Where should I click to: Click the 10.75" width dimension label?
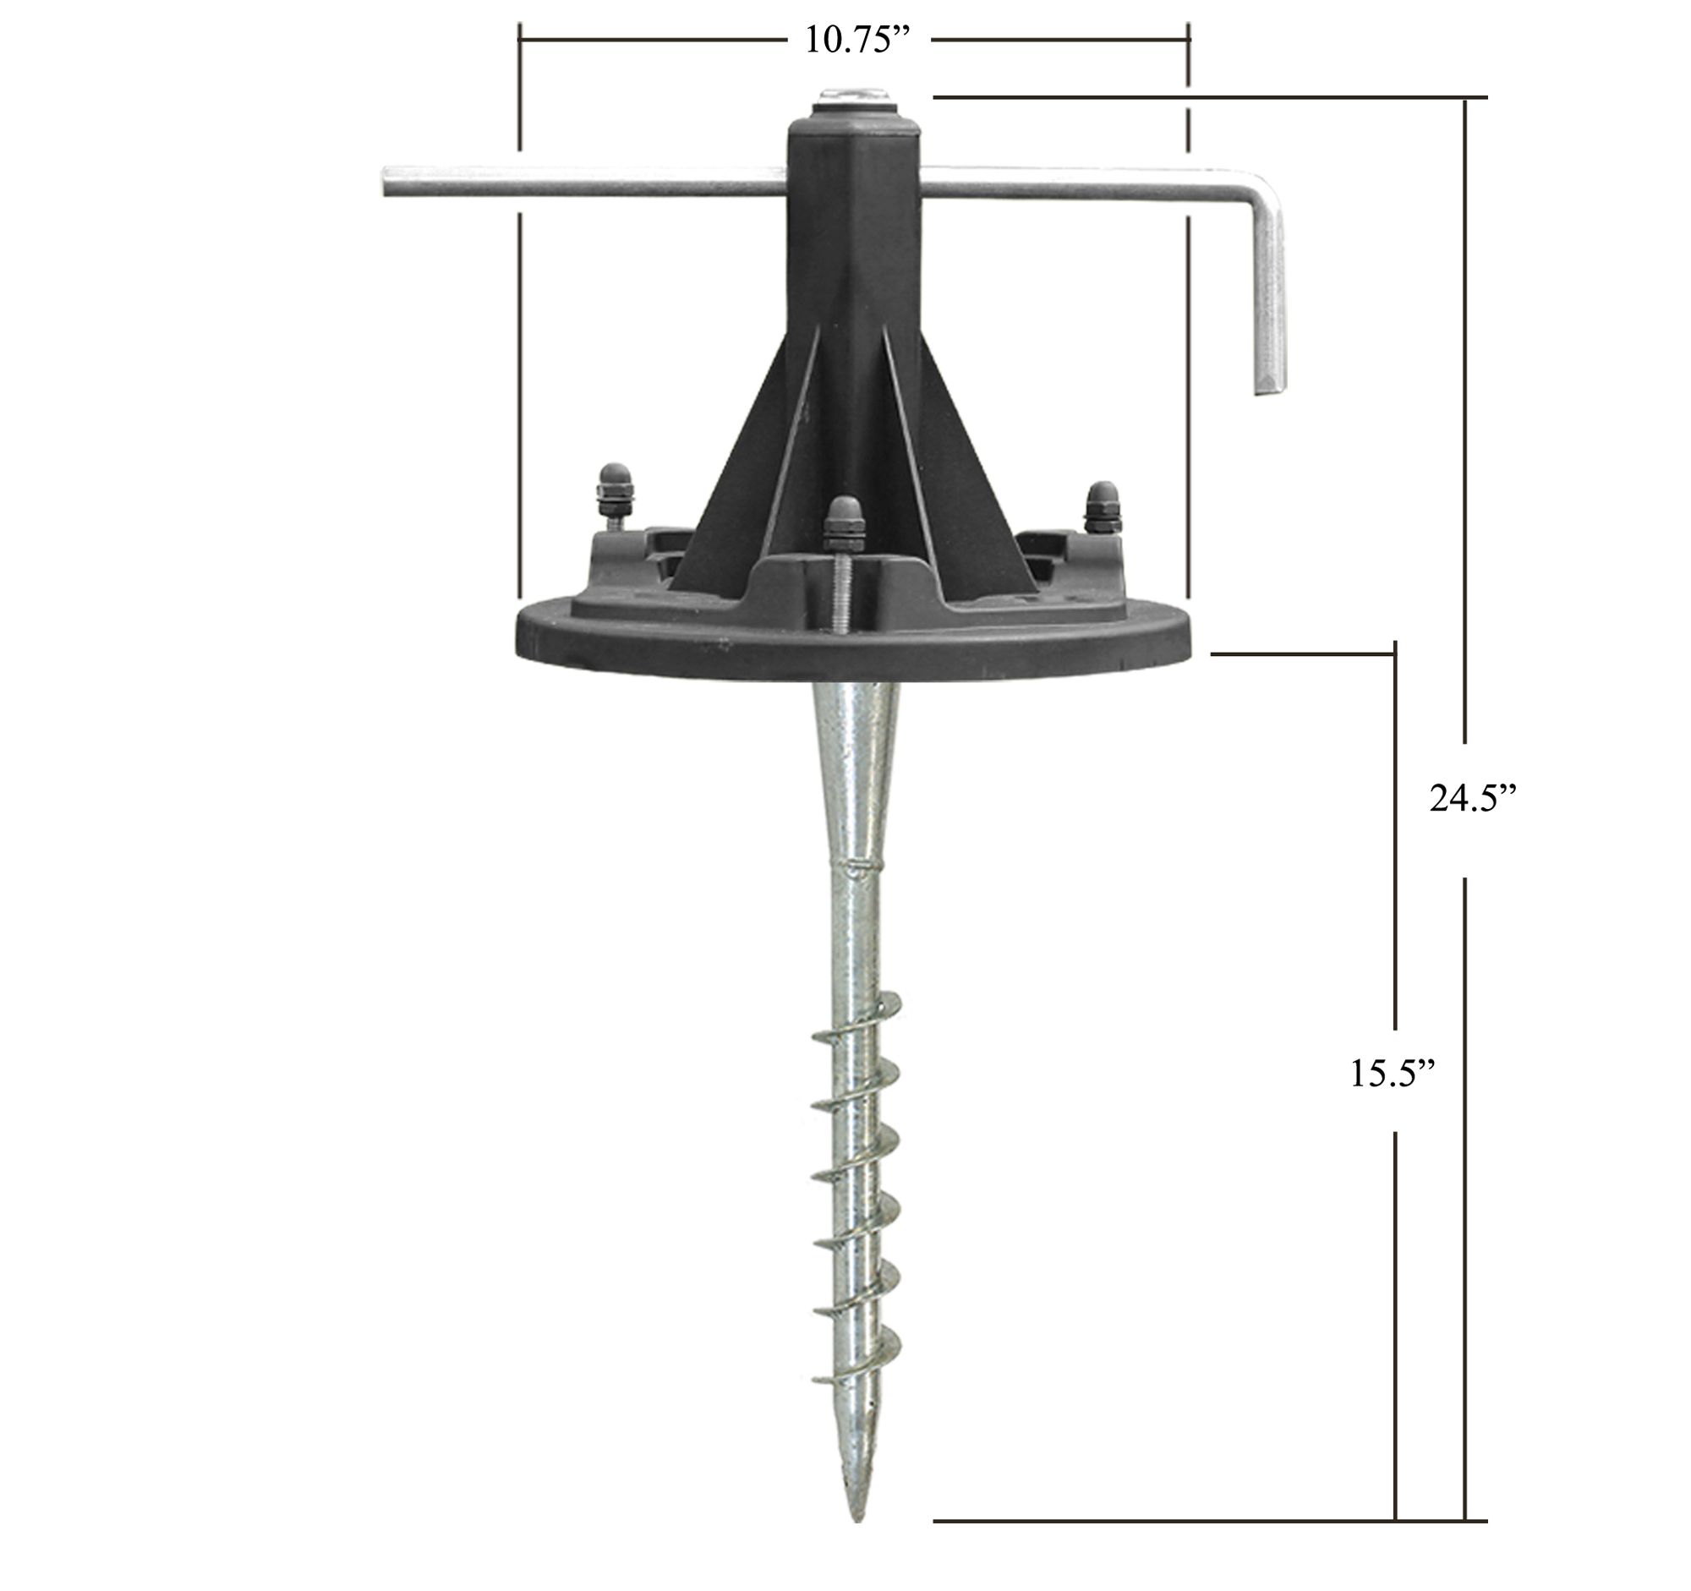pyautogui.click(x=853, y=41)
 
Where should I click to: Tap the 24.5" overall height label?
pyautogui.click(x=1473, y=800)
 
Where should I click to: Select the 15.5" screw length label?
pyautogui.click(x=1393, y=1074)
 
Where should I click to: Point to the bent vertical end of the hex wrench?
pyautogui.click(x=1270, y=298)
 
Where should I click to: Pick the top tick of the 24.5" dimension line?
pyautogui.click(x=1464, y=98)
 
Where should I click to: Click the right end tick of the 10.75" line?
pyautogui.click(x=1189, y=39)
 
